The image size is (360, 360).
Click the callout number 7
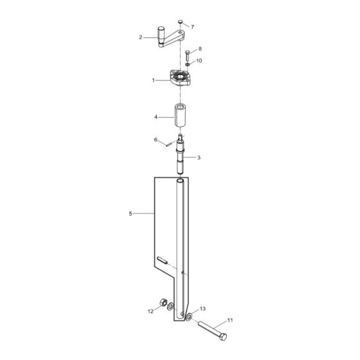(x=192, y=27)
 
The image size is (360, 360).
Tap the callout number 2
(x=141, y=37)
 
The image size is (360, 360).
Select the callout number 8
(x=200, y=49)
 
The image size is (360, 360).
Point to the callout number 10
(x=199, y=60)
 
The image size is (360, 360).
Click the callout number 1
(x=154, y=80)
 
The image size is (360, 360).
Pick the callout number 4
(x=156, y=117)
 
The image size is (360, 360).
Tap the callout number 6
(x=156, y=139)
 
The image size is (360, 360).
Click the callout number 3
(x=199, y=157)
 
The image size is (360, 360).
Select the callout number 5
(x=130, y=213)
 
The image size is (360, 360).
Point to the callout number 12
(x=150, y=311)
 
